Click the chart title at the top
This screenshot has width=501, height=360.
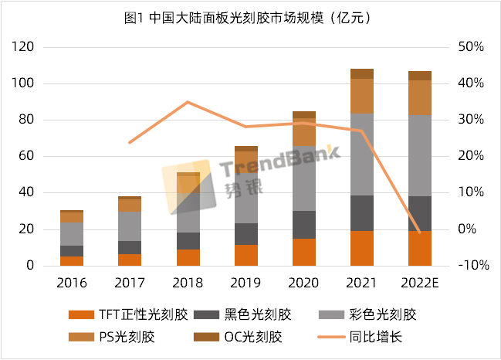pos(249,17)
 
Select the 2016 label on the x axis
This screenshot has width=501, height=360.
pos(72,283)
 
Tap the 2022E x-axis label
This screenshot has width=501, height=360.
pos(419,283)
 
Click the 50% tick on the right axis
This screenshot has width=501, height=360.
pos(471,47)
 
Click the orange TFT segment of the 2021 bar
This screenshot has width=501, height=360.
pos(361,248)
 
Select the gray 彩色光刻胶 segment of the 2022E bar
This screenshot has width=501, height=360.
pos(419,155)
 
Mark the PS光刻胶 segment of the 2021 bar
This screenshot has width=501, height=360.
pos(361,96)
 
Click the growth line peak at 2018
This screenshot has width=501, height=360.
pos(188,102)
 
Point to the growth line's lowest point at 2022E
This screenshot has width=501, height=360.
pos(419,232)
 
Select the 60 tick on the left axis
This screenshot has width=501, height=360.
pos(28,157)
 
